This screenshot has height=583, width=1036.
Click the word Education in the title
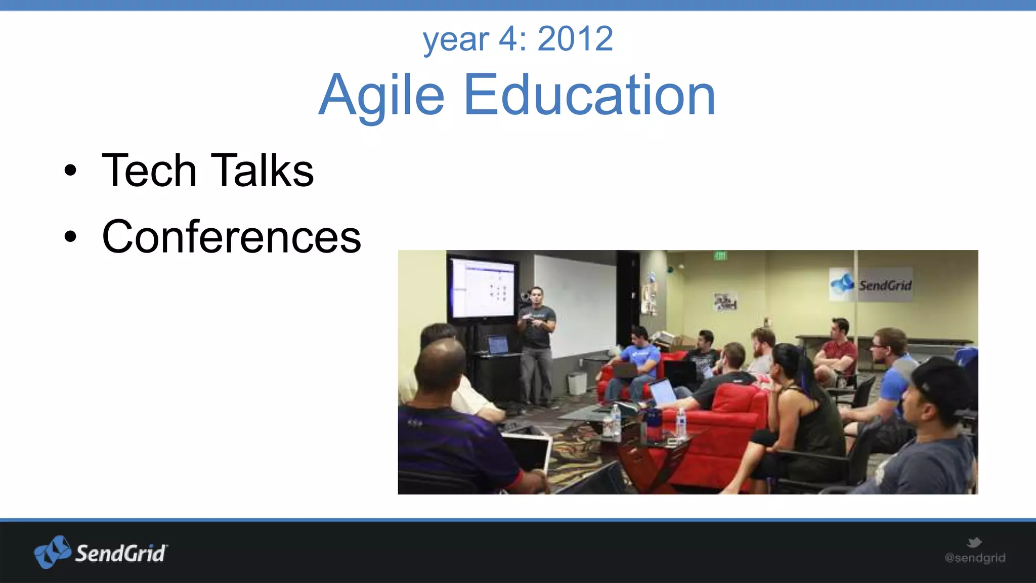[x=589, y=95]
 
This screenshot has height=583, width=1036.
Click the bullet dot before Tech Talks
[x=70, y=171]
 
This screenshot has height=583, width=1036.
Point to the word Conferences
[x=231, y=236]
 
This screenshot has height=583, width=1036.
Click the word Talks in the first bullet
[x=262, y=171]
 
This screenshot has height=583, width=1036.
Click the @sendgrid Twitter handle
[x=975, y=558]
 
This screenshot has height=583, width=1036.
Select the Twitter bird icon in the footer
[x=974, y=543]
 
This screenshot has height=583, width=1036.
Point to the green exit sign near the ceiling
[x=720, y=256]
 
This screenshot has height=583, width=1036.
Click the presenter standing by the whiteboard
[x=537, y=339]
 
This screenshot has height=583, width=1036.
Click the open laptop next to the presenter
[x=498, y=345]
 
